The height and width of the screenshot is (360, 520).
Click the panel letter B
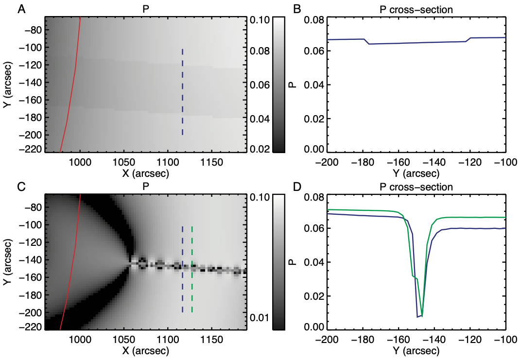[297, 8]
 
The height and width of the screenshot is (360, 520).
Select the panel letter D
[297, 187]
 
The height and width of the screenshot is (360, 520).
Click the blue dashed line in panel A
[183, 92]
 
